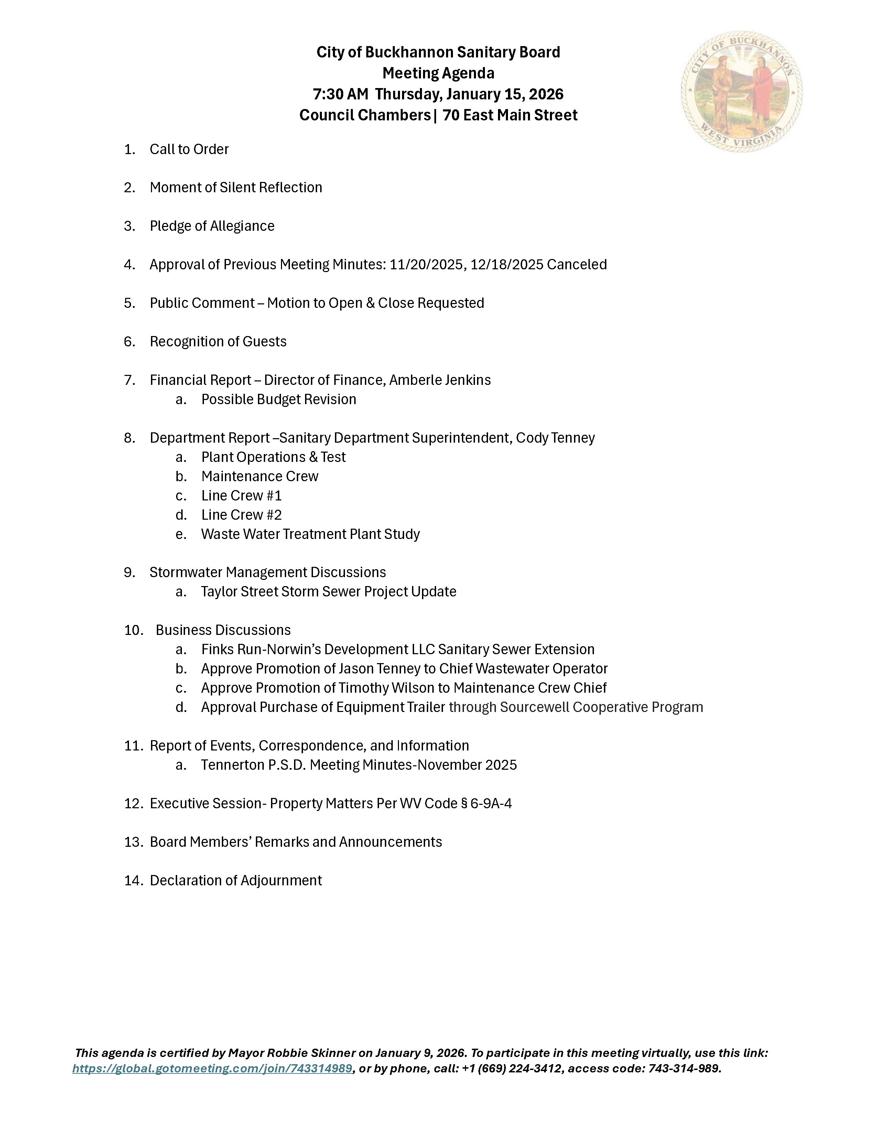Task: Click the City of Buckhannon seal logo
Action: pyautogui.click(x=741, y=91)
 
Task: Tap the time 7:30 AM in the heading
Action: pyautogui.click(x=340, y=94)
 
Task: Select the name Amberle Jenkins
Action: pyautogui.click(x=440, y=380)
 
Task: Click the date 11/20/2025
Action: pyautogui.click(x=426, y=264)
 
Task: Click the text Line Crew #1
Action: pyautogui.click(x=241, y=495)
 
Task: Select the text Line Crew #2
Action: pyautogui.click(x=241, y=515)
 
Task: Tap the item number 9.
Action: pyautogui.click(x=129, y=572)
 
